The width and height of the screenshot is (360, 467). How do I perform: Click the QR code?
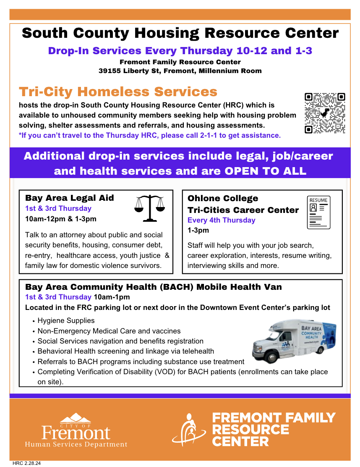pyautogui.click(x=325, y=113)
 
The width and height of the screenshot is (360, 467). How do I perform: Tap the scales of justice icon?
pyautogui.click(x=149, y=208)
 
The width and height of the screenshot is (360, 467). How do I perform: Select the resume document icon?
pyautogui.click(x=318, y=213)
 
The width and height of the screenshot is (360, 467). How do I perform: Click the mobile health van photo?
pyautogui.click(x=294, y=341)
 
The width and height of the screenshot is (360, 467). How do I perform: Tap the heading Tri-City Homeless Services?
pyautogui.click(x=118, y=92)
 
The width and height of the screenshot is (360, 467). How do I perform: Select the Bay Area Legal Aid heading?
pyautogui.click(x=70, y=198)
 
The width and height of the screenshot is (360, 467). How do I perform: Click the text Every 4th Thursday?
pyautogui.click(x=221, y=220)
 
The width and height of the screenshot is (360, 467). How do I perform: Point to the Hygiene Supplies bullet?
pyautogui.click(x=66, y=320)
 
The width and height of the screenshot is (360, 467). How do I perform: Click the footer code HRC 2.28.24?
pyautogui.click(x=27, y=464)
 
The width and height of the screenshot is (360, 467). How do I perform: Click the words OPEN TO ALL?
pyautogui.click(x=265, y=171)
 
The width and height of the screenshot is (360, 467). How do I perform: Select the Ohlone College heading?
pyautogui.click(x=223, y=198)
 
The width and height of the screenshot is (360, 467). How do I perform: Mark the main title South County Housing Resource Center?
pyautogui.click(x=180, y=33)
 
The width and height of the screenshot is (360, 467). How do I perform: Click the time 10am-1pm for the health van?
pyautogui.click(x=112, y=297)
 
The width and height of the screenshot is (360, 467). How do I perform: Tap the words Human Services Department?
pyautogui.click(x=76, y=444)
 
